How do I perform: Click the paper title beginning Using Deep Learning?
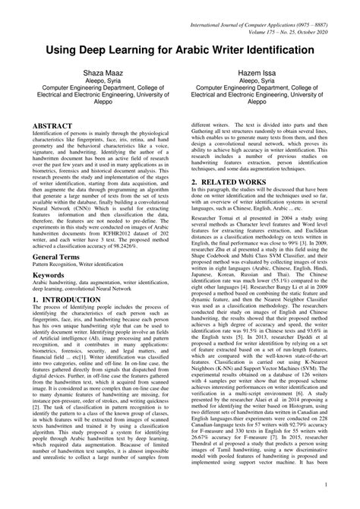(180, 49)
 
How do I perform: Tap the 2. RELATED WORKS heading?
(239, 183)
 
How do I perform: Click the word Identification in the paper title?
(283, 49)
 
